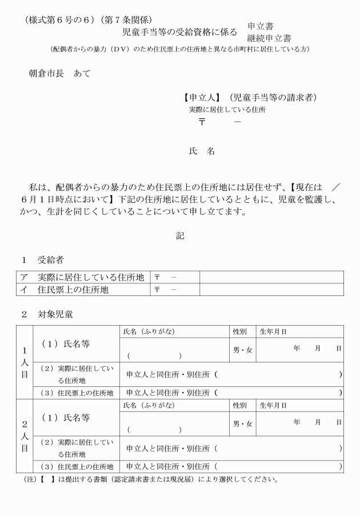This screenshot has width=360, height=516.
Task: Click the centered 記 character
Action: [x=180, y=235]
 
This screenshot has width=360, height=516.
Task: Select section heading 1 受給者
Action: [x=43, y=260]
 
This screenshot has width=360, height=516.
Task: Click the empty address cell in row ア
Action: [x=271, y=277]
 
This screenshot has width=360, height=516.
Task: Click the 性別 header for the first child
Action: [x=240, y=331]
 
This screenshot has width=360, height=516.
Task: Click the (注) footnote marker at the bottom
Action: [x=28, y=479]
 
